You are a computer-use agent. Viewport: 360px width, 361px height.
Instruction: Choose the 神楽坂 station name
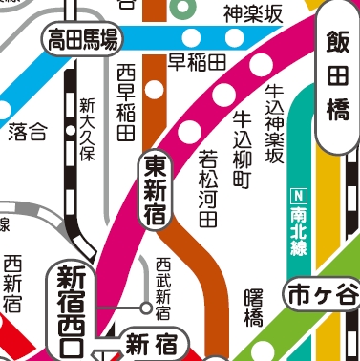point(252,13)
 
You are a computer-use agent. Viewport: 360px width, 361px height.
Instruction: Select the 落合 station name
point(27,132)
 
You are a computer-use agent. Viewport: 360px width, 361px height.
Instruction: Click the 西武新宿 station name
point(162,287)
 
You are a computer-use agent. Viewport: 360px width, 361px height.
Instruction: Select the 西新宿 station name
point(12,284)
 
